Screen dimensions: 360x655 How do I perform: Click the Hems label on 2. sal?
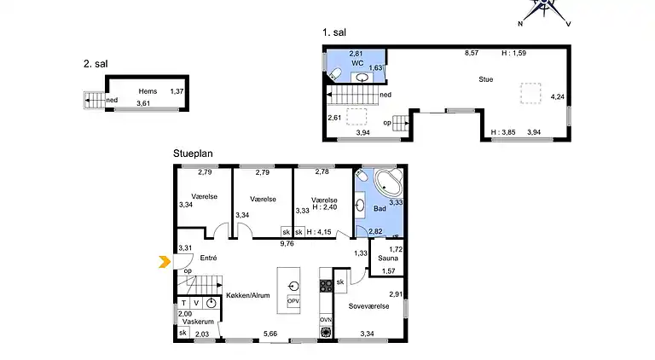(x=148, y=90)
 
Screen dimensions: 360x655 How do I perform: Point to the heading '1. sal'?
(x=334, y=32)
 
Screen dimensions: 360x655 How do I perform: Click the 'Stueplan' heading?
(x=193, y=154)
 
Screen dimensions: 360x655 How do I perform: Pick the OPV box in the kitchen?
(x=293, y=301)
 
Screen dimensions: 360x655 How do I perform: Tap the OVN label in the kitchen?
(x=325, y=319)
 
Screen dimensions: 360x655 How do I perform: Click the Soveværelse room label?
(x=368, y=305)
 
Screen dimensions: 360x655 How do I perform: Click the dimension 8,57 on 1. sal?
(x=471, y=53)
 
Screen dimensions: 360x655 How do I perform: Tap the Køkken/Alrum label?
(x=248, y=296)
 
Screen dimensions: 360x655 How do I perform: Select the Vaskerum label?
(x=197, y=322)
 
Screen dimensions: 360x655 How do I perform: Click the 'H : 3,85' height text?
(x=503, y=132)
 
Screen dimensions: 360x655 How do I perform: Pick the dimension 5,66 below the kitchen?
(x=270, y=334)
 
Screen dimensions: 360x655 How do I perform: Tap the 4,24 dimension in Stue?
(x=558, y=97)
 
